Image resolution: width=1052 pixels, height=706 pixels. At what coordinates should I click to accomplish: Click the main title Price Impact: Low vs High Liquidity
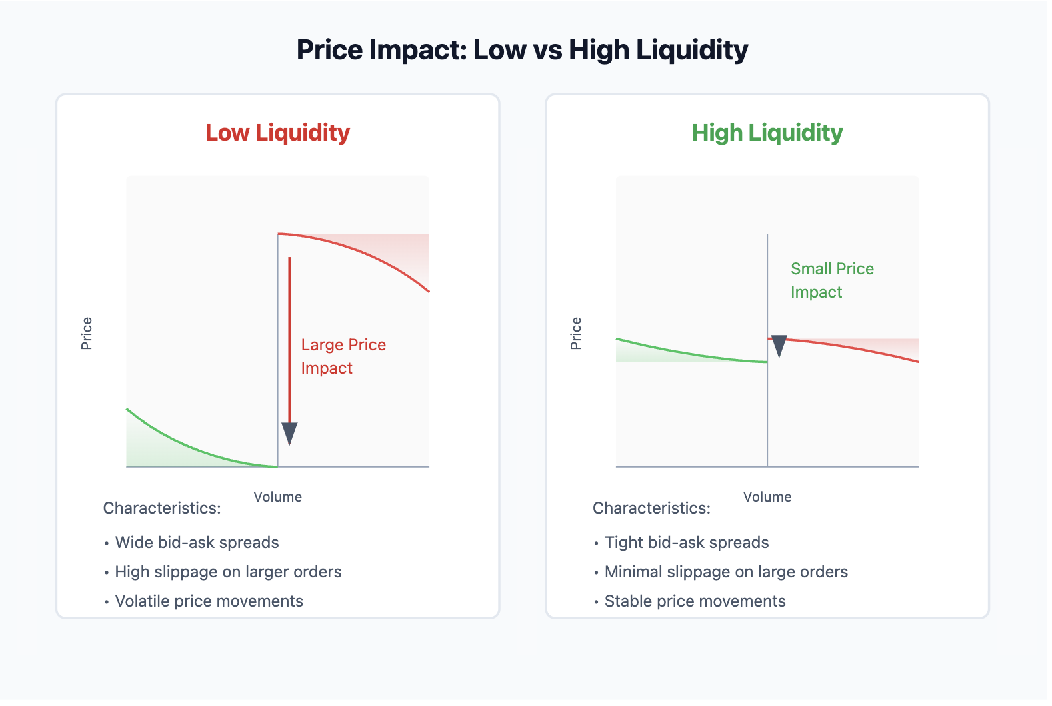coord(522,50)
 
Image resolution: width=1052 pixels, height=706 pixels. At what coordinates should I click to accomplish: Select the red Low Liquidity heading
coord(277,133)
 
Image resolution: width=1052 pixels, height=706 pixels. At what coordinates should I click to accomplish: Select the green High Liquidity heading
coord(767,133)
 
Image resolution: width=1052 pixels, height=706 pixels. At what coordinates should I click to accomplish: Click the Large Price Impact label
coord(343,356)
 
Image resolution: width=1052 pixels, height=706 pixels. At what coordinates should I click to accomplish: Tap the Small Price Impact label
coord(831,280)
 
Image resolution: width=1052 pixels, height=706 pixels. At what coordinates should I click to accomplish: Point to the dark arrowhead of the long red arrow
coord(289,433)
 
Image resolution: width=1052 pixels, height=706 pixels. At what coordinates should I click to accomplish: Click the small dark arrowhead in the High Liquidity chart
coord(779,346)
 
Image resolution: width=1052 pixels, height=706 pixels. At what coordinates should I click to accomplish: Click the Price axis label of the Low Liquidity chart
coord(87,333)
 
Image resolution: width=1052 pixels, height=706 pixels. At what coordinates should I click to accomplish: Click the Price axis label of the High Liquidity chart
coord(576,333)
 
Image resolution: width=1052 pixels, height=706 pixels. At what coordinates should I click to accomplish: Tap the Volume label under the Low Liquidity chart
coord(277,497)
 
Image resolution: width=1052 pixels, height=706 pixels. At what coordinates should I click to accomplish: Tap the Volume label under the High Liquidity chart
coord(767,497)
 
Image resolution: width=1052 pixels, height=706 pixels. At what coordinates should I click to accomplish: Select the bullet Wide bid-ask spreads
coord(197,543)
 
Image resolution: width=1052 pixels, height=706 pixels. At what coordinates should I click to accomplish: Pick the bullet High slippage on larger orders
coord(228,572)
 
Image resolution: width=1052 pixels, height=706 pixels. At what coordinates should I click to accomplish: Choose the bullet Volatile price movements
coord(209,601)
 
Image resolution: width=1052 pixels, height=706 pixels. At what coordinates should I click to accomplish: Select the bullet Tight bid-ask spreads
coord(686,543)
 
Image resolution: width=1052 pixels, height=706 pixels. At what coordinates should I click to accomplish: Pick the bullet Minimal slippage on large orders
coord(725,572)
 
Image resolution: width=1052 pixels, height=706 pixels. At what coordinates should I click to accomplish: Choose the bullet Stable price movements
coord(695,601)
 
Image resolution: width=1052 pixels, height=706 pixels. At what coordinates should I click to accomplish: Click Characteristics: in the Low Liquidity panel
coord(162,508)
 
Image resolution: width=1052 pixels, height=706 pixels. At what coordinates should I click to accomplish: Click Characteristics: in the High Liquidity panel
coord(651,508)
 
